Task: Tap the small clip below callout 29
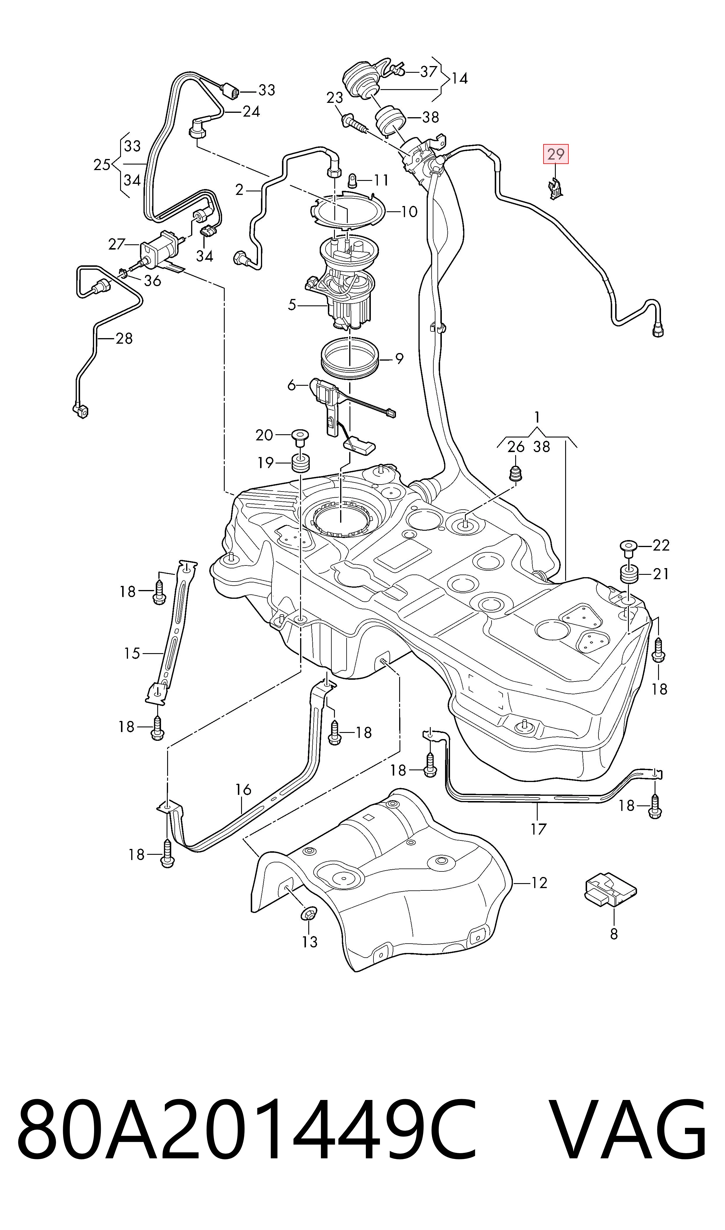pyautogui.click(x=556, y=189)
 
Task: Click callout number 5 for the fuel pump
pyautogui.click(x=292, y=305)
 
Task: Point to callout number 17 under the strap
pyautogui.click(x=538, y=829)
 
